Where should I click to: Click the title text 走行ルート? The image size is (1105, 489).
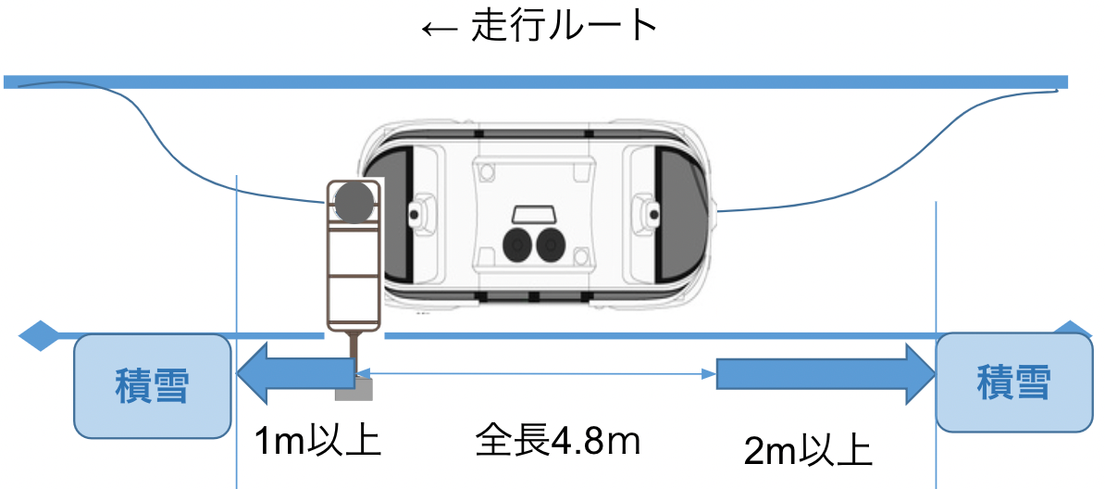pos(565,27)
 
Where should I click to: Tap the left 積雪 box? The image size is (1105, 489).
pos(152,385)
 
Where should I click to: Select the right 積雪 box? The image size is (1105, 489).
pos(1013,382)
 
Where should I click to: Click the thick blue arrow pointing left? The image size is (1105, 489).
pos(294,373)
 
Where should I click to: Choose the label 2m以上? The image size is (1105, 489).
pos(808,452)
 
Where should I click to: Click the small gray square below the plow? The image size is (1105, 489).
pos(354,389)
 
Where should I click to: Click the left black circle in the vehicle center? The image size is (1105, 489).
pos(518,244)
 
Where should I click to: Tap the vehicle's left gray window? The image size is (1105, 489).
pos(400,218)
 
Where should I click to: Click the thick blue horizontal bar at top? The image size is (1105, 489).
pos(537,82)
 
